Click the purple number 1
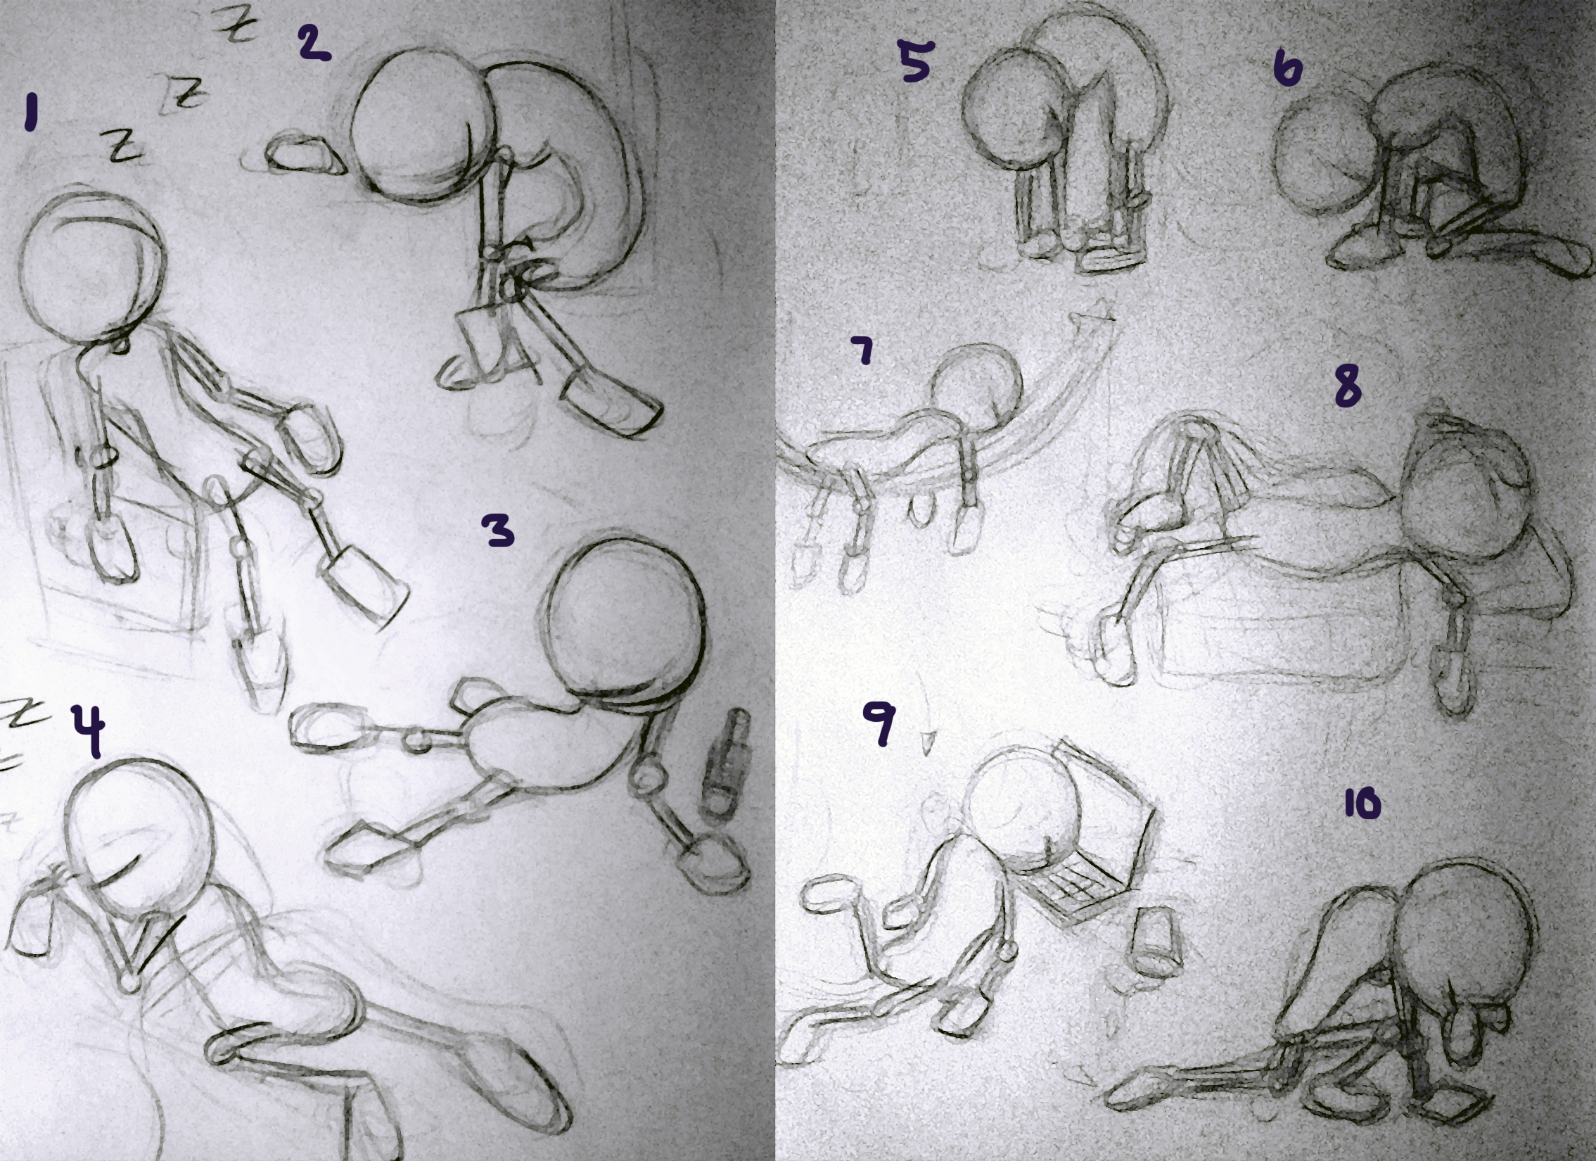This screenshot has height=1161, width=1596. click(30, 114)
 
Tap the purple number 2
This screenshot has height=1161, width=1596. click(313, 44)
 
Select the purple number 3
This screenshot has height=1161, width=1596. click(498, 529)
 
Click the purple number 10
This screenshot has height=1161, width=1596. click(1362, 804)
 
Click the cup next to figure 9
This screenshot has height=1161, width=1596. click(1156, 941)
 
